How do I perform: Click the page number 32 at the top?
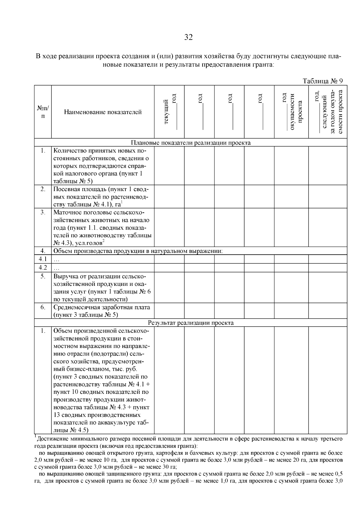click(x=188, y=37)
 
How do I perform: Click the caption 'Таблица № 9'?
click(x=323, y=81)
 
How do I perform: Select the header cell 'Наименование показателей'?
click(x=103, y=112)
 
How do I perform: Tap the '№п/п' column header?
click(x=43, y=112)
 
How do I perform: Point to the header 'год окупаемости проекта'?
click(x=291, y=112)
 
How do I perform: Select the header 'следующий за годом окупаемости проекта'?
click(x=328, y=112)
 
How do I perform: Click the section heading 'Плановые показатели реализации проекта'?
click(x=190, y=142)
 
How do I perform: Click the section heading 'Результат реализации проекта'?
click(x=190, y=323)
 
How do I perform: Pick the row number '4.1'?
click(x=43, y=259)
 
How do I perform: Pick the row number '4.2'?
click(x=43, y=267)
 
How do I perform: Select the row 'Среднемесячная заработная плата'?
click(x=102, y=307)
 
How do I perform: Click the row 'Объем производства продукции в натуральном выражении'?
click(x=138, y=251)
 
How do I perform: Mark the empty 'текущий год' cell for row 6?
click(x=169, y=311)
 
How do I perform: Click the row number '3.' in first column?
click(x=43, y=212)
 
